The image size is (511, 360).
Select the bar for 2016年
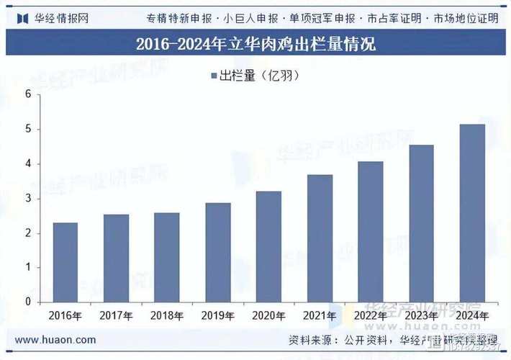click(x=65, y=262)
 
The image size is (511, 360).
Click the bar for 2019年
click(x=217, y=252)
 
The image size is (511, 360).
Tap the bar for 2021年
click(x=320, y=238)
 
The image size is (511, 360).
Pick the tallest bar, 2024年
click(x=472, y=213)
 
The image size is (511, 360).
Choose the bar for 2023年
click(x=421, y=223)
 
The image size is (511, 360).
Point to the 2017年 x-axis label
click(x=116, y=315)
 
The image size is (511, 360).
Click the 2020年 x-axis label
click(x=268, y=315)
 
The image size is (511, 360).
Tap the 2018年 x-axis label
click(x=167, y=315)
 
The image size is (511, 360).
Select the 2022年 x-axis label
click(x=371, y=315)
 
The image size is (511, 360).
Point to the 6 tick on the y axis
click(x=28, y=94)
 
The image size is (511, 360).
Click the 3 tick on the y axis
click(x=28, y=198)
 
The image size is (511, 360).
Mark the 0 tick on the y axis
click(x=28, y=302)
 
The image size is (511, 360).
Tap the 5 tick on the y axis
click(x=28, y=129)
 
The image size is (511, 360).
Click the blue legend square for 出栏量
click(x=214, y=75)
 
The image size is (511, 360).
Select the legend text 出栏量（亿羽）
click(x=258, y=75)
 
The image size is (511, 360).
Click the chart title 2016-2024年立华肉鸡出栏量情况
click(x=256, y=45)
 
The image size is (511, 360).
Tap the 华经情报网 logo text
click(x=60, y=18)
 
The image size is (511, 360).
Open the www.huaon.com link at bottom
click(x=55, y=340)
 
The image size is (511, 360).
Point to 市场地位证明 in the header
click(x=466, y=18)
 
